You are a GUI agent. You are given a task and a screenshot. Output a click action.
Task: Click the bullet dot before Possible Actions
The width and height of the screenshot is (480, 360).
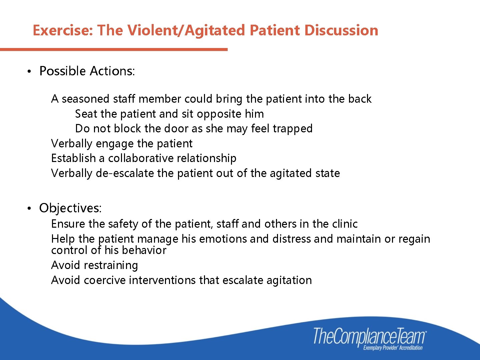click(x=29, y=72)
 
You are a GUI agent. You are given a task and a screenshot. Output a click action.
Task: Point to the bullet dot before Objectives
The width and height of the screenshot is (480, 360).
click(x=29, y=209)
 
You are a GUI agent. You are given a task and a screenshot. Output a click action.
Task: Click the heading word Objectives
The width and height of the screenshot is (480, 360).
click(x=70, y=208)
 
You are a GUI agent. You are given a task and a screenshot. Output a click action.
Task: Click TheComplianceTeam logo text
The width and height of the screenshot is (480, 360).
click(x=369, y=336)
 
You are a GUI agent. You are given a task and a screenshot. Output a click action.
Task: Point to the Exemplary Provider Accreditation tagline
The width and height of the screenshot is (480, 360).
click(x=393, y=348)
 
